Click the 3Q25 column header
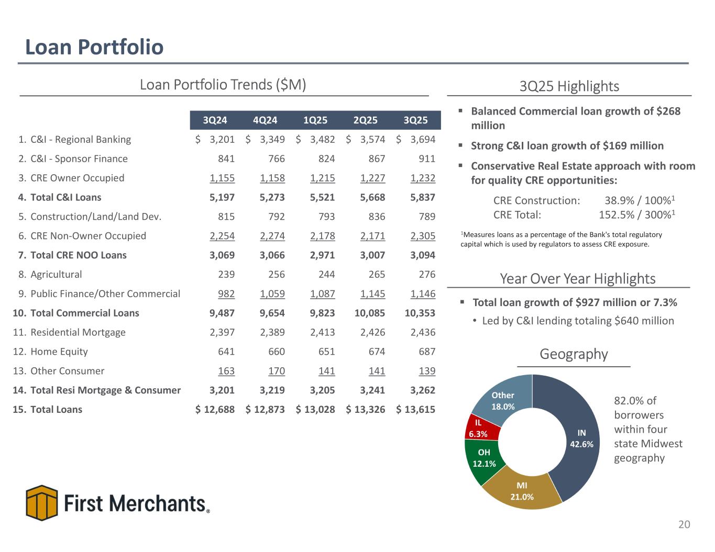point(415,120)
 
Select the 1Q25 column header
point(315,120)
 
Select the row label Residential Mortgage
point(78,332)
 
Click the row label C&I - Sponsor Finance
point(79,159)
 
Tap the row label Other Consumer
point(67,371)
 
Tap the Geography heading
point(574,354)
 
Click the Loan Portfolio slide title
point(94,47)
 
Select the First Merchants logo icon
point(41,502)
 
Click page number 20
point(684,524)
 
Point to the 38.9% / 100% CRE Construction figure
point(639,200)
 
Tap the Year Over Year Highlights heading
point(577,279)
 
